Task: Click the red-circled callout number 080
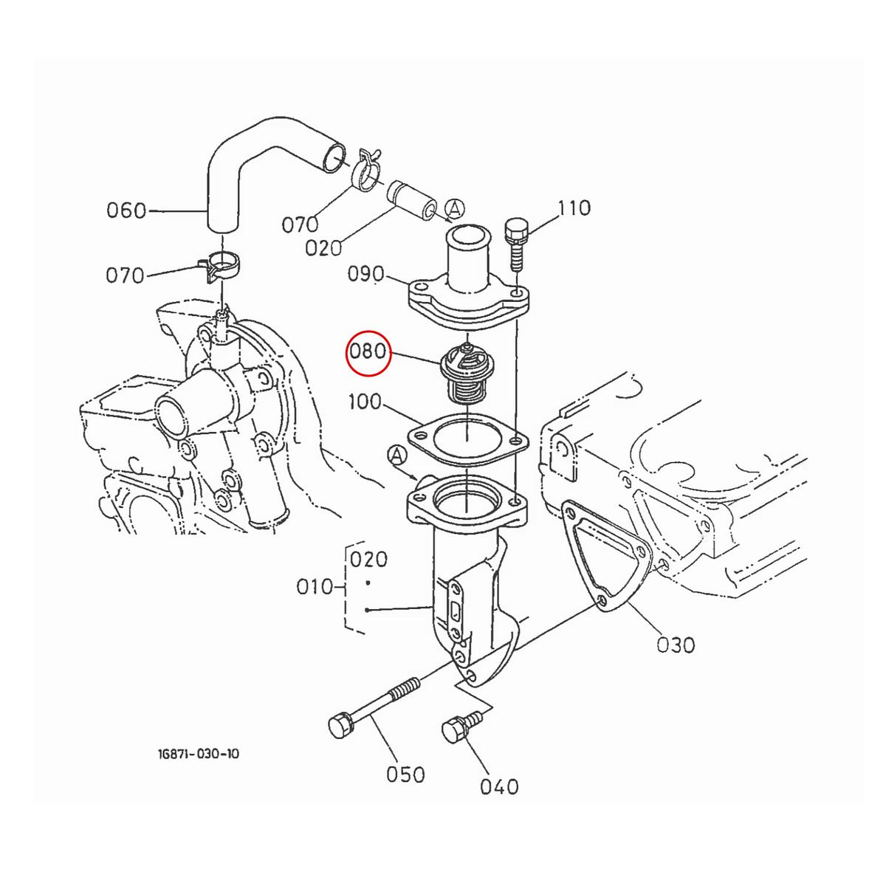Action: [368, 351]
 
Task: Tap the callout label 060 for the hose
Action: [126, 210]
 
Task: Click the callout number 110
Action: [574, 208]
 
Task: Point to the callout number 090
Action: [367, 275]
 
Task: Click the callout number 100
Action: [365, 402]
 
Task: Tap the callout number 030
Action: [676, 645]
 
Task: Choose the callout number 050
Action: [405, 775]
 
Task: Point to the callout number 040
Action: [499, 787]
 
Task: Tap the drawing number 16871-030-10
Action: [198, 754]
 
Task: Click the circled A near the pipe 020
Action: [455, 210]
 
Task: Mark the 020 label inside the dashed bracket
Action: [368, 559]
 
